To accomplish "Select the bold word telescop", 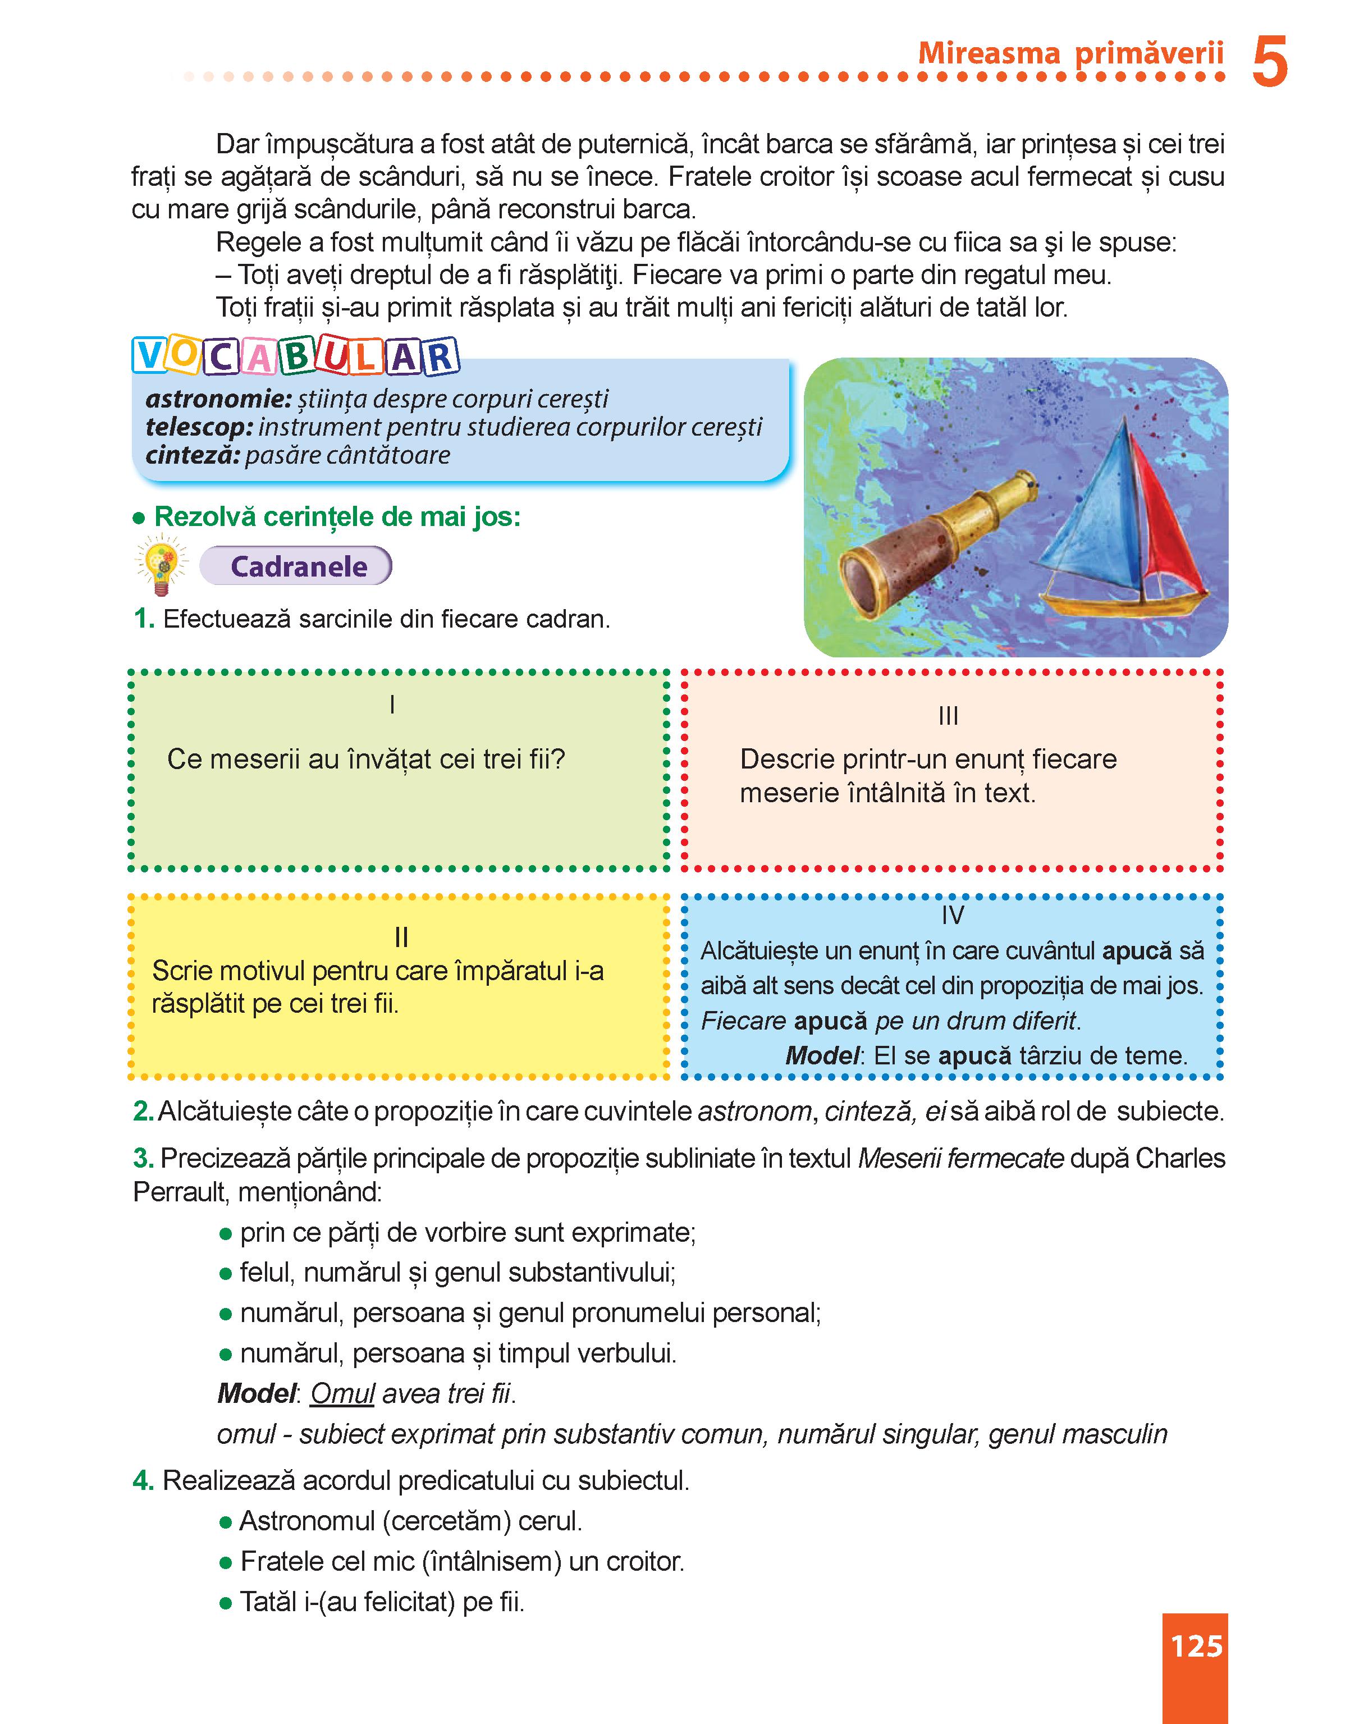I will click(x=198, y=427).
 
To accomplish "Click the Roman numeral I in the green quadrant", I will click(x=392, y=705).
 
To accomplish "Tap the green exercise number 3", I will click(x=143, y=1158).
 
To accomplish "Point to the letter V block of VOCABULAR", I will click(x=149, y=356).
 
